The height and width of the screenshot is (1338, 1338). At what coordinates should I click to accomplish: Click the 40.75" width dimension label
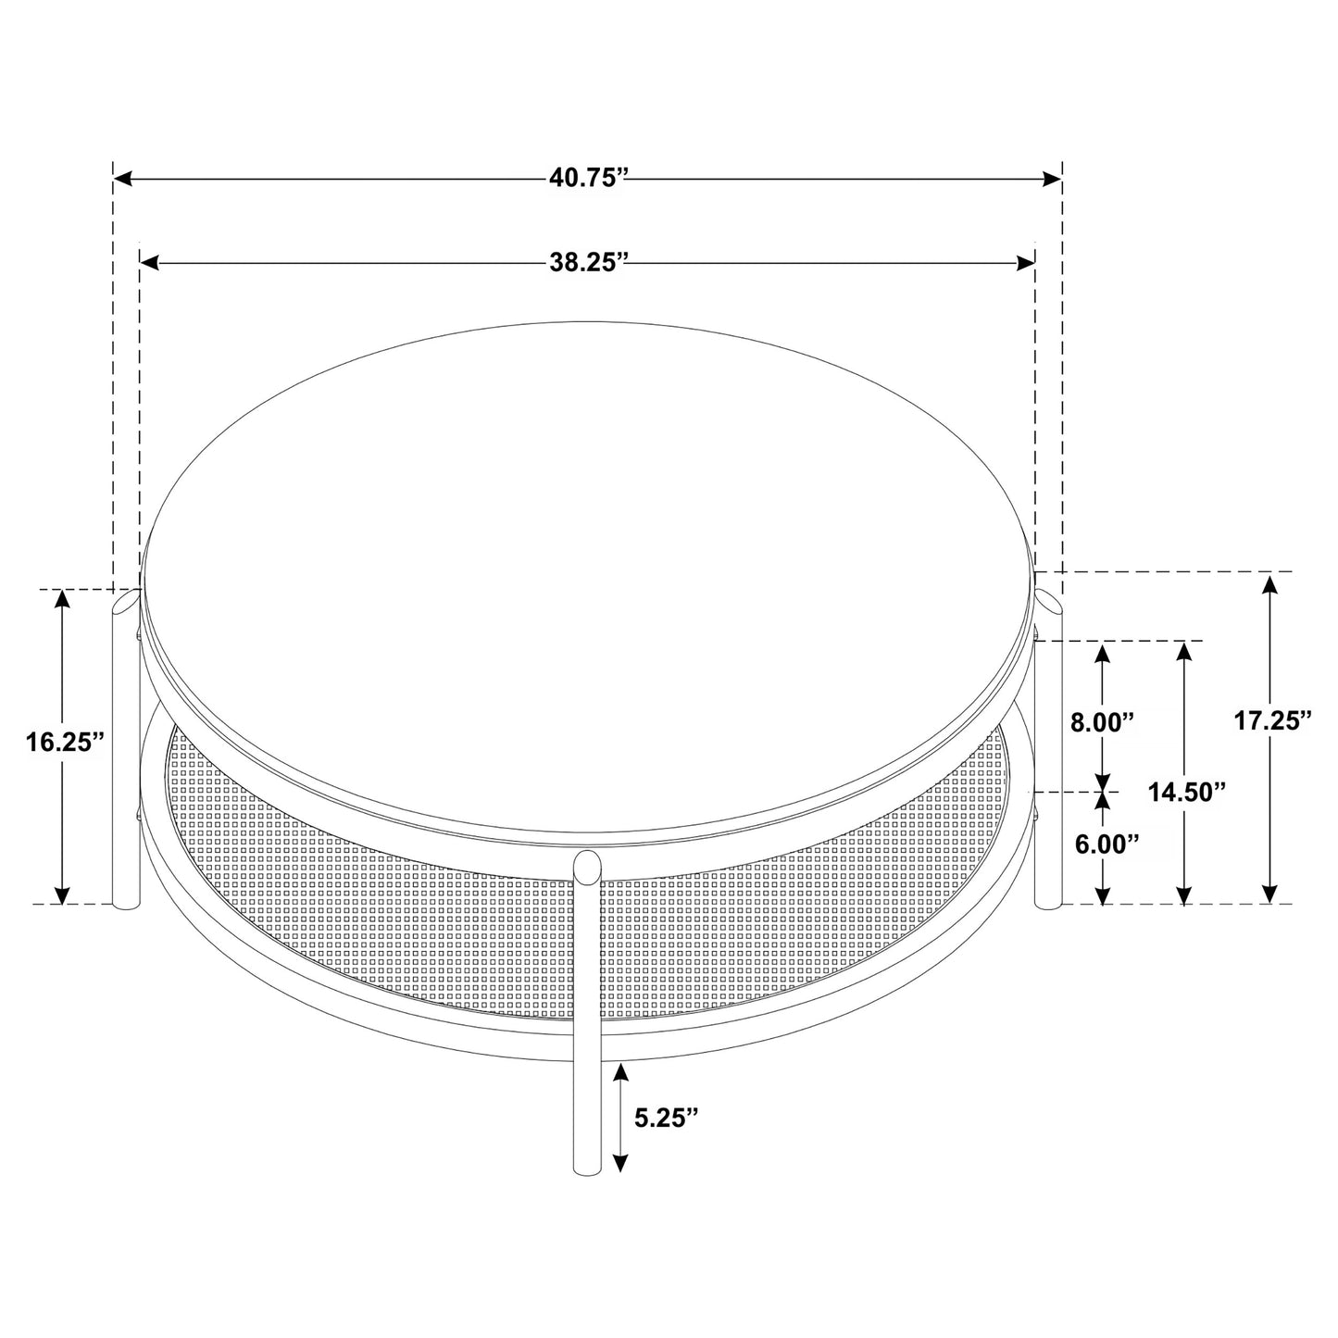(588, 178)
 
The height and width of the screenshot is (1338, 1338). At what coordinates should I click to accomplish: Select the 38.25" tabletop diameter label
(588, 263)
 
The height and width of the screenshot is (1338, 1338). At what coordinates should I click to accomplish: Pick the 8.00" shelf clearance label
(1102, 722)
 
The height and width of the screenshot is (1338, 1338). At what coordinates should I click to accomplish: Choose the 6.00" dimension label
(1106, 844)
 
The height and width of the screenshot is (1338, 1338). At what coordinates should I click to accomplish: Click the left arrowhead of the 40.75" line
(123, 178)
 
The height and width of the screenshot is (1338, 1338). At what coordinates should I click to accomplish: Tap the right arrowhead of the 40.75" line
(1052, 178)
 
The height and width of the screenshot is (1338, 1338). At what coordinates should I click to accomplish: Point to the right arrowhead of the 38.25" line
(1026, 263)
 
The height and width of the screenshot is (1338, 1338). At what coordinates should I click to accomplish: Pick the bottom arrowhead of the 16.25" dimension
(62, 894)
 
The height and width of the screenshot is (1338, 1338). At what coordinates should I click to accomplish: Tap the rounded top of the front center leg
(586, 863)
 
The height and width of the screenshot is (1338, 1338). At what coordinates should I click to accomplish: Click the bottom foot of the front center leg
(586, 1169)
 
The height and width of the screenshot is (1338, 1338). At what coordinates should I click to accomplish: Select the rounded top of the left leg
(125, 602)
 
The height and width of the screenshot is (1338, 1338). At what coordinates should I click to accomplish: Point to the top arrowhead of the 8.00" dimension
(1102, 651)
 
